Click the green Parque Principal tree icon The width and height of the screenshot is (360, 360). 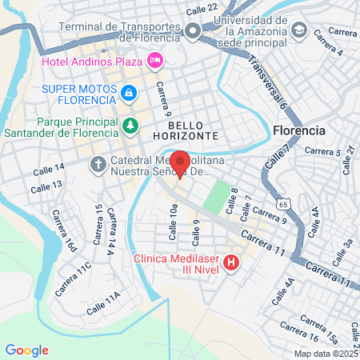[130, 126]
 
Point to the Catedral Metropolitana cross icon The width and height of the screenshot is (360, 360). [98, 165]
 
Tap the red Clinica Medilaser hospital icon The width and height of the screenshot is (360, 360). [231, 262]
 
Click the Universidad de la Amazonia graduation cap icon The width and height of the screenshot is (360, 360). [299, 30]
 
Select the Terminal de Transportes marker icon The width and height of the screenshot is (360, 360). [192, 31]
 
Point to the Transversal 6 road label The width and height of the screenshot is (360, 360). [267, 81]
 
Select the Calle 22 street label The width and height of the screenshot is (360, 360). [201, 9]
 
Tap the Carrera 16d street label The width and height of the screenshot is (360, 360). [62, 232]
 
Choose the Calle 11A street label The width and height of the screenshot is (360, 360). [103, 304]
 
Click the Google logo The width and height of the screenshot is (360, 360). [26, 350]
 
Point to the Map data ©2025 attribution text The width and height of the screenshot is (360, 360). [325, 353]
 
